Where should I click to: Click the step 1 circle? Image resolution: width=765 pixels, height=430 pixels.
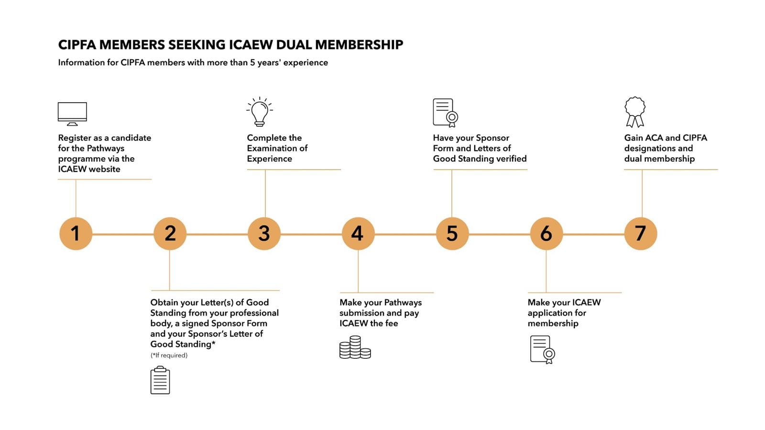(76, 234)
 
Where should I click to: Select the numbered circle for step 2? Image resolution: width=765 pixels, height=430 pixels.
(170, 234)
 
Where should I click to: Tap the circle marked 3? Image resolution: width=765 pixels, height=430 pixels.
(264, 234)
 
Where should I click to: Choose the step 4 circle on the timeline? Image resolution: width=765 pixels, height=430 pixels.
(358, 234)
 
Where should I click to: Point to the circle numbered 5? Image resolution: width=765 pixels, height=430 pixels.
(452, 234)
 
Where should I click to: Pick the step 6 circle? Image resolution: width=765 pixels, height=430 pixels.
(546, 234)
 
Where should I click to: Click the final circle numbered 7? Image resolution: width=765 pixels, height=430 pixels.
(640, 234)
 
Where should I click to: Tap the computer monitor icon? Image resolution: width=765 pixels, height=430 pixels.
(72, 114)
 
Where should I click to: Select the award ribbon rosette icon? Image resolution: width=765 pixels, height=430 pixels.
(635, 112)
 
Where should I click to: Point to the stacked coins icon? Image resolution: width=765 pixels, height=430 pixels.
(355, 347)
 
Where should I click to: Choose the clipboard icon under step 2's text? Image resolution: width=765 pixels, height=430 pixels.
(160, 380)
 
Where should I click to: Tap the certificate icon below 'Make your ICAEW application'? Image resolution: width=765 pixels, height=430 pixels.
(542, 349)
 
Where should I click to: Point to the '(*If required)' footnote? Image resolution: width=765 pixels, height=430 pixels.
(169, 355)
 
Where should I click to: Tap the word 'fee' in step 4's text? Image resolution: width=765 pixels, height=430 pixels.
(392, 323)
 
